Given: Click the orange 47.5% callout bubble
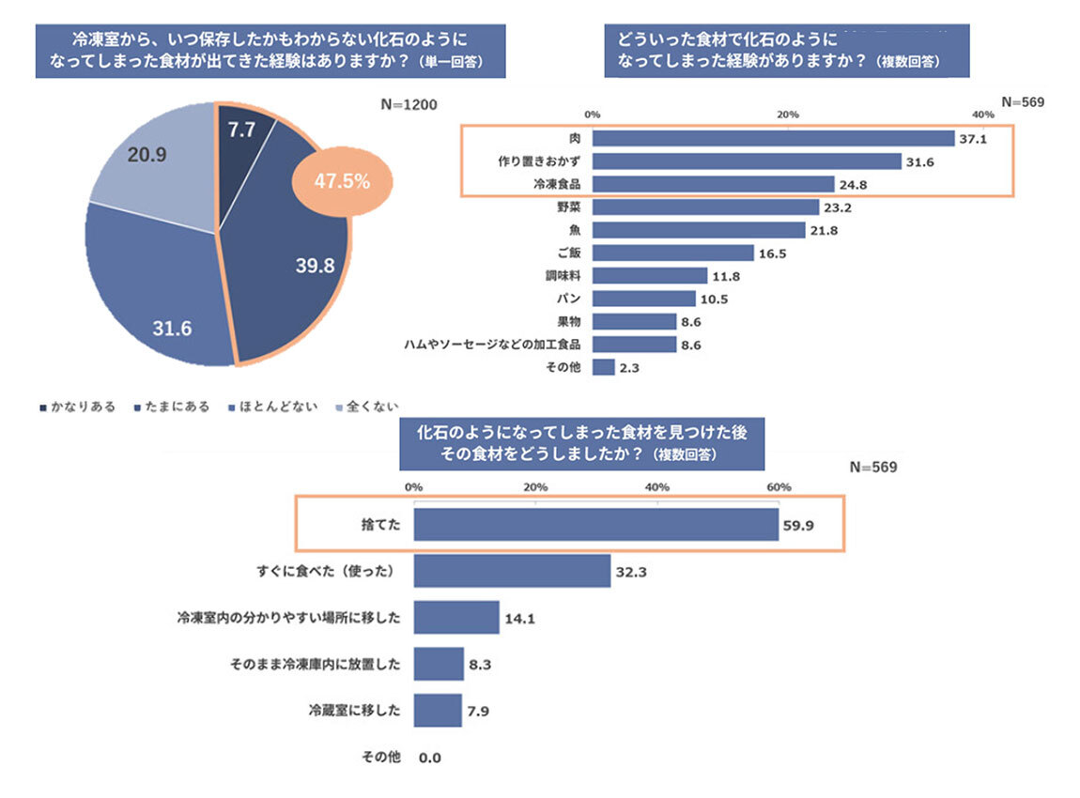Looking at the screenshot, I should pyautogui.click(x=341, y=181).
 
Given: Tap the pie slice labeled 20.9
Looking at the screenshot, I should pyautogui.click(x=150, y=160).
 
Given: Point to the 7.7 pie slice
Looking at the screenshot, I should pyautogui.click(x=241, y=131).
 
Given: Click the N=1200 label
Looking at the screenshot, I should pyautogui.click(x=409, y=104).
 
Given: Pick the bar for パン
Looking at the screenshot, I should pyautogui.click(x=644, y=299).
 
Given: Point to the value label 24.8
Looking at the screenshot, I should pyautogui.click(x=853, y=184).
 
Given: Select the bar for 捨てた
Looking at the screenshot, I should pyautogui.click(x=595, y=524).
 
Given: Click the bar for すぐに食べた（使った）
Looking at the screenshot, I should pyautogui.click(x=512, y=571).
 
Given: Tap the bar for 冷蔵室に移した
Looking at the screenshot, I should pyautogui.click(x=437, y=711).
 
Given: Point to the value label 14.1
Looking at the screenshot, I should pyautogui.click(x=519, y=618).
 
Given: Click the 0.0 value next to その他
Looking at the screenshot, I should pyautogui.click(x=430, y=757).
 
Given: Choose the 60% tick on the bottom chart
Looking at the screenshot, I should pyautogui.click(x=779, y=487).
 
